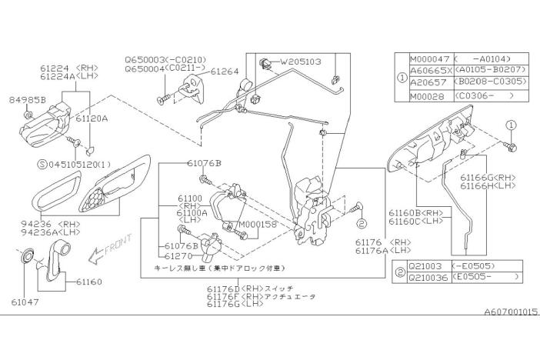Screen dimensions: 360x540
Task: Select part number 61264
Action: coord(225,72)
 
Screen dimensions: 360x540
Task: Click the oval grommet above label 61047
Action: coord(27,255)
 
